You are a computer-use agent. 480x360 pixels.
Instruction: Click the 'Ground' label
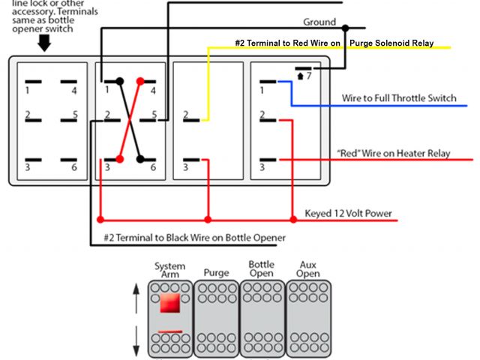tap(319, 22)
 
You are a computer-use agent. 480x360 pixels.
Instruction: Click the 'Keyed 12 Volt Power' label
tap(348, 213)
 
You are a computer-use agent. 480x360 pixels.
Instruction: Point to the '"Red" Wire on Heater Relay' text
tap(394, 153)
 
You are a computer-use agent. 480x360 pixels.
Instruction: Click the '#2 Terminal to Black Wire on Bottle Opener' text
tap(195, 238)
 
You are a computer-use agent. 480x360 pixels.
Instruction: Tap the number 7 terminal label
tap(308, 76)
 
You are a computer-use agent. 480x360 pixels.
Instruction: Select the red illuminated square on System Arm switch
tap(169, 304)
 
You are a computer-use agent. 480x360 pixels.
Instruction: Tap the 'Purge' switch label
tap(216, 273)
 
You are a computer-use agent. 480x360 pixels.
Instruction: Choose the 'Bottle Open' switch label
tap(262, 269)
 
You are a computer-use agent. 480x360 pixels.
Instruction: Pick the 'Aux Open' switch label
tap(308, 269)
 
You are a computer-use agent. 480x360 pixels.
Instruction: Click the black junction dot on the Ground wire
tap(345, 28)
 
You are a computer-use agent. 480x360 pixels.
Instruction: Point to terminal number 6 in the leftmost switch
tap(73, 166)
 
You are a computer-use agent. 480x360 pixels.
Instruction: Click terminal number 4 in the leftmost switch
tap(73, 91)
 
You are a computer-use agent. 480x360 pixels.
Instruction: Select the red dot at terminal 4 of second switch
tap(139, 81)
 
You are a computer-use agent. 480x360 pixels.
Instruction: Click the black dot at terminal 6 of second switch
tap(139, 157)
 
